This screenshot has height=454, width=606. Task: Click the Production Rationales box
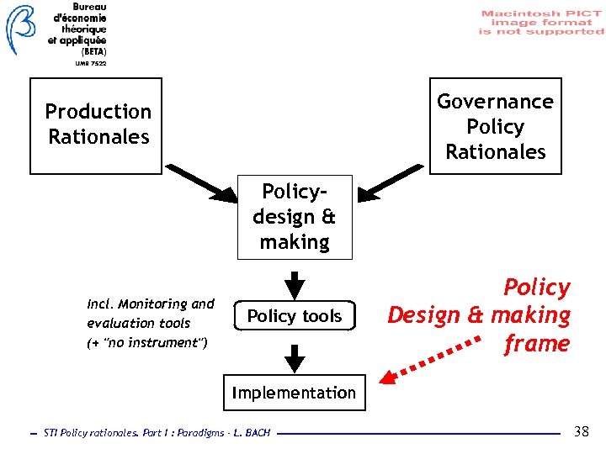coord(96,126)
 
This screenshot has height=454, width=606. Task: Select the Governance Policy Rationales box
coord(495,126)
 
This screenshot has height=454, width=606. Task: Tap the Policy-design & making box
coord(294,217)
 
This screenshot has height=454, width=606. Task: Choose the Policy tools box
coord(295,316)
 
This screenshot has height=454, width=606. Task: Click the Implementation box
coord(294,393)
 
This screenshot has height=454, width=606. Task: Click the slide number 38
coord(581,432)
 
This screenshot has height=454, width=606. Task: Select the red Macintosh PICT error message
coord(542,23)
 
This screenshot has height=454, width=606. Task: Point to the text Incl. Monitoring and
coord(151,304)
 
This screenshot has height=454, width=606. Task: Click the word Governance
coord(495,102)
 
